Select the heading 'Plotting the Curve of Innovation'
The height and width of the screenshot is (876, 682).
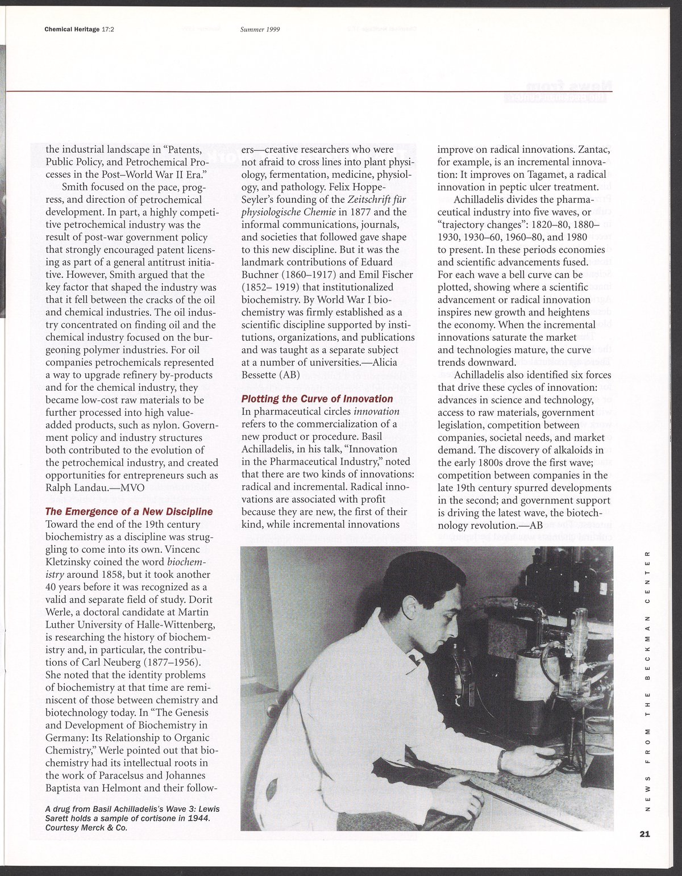317,399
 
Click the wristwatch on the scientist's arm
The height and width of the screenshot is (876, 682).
502,756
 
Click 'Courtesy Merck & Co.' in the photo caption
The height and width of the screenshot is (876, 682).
85,827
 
